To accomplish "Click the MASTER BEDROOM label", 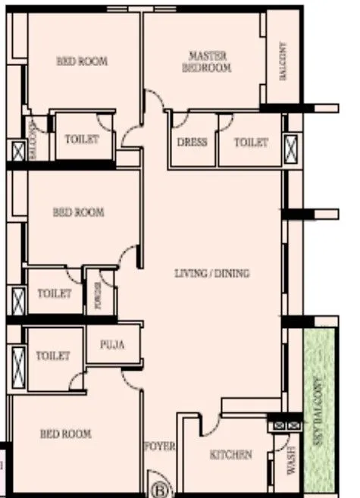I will tap(208, 62).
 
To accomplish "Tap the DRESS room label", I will tap(193, 142).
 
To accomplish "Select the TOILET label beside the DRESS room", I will tap(250, 142).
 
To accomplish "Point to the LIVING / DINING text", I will tap(212, 274).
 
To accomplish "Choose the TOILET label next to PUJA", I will tap(53, 355).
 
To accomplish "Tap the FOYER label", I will tap(160, 446).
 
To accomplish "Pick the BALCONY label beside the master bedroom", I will tap(282, 61).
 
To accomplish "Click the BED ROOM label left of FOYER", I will tap(65, 434).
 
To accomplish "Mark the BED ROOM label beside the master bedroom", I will tap(82, 61).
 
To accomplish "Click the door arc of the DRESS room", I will tap(180, 120).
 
